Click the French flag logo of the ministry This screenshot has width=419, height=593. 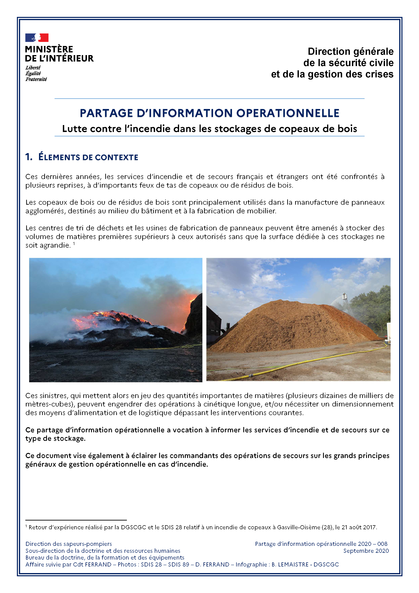point(37,38)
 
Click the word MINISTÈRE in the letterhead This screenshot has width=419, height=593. point(49,49)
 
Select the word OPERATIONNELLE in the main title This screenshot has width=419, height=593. point(288,113)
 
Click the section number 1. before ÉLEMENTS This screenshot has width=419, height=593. point(29,157)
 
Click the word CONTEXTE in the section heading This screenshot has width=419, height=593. point(117,157)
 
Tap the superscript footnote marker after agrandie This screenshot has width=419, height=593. point(74,243)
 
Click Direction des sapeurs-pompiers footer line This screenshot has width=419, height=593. point(69,544)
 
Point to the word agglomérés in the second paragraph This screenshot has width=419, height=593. point(45,211)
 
